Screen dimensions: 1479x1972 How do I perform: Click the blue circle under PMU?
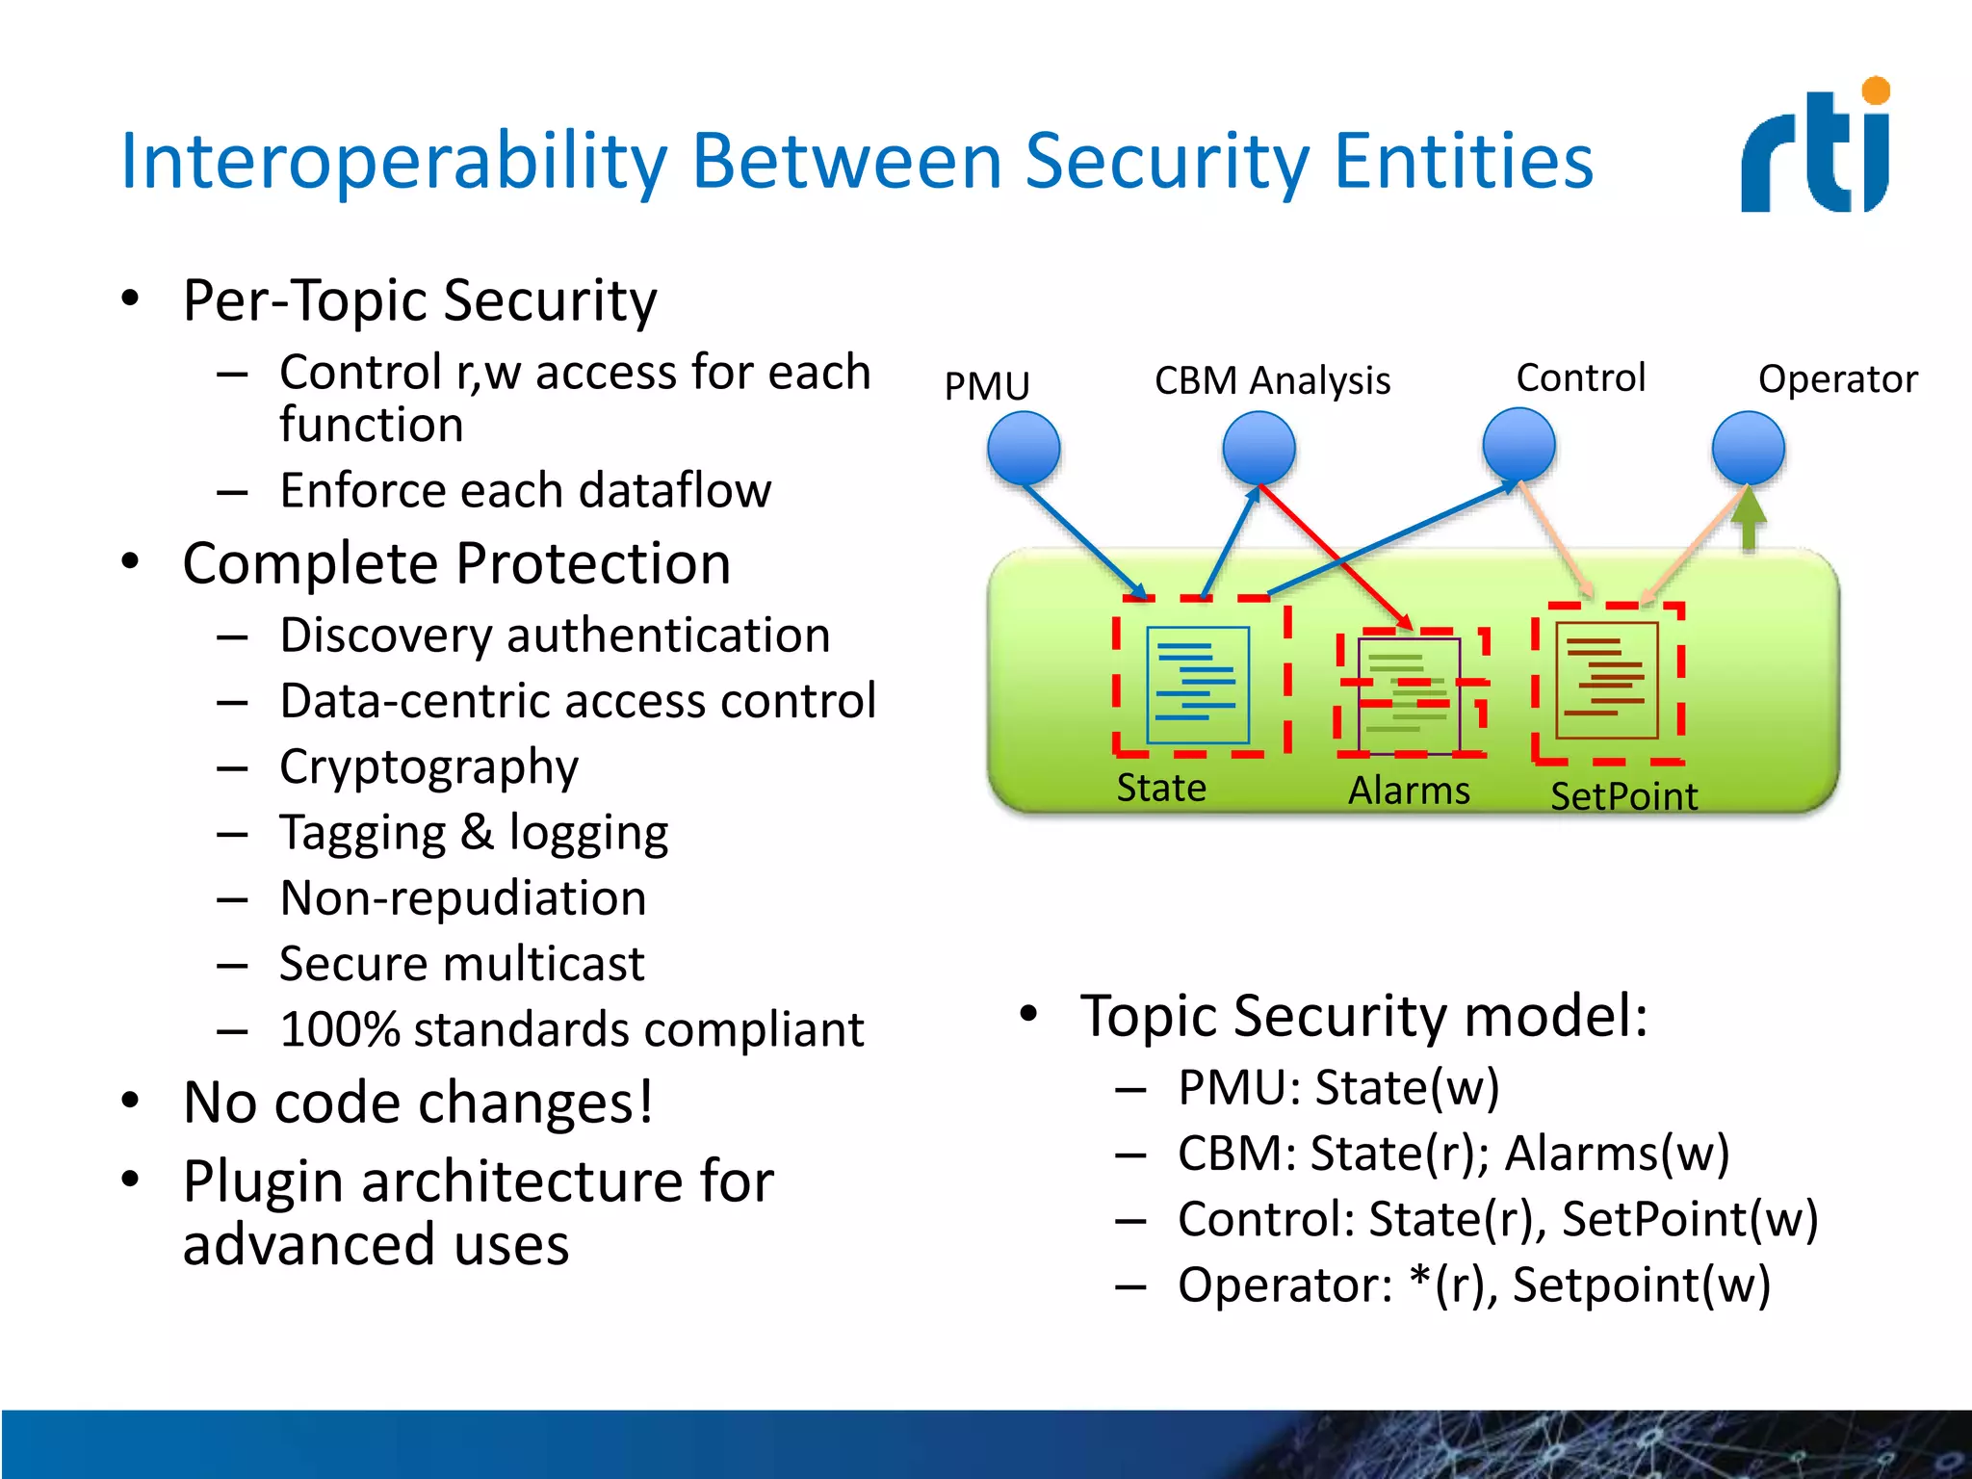tap(1024, 448)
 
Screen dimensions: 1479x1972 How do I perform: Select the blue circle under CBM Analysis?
tap(1258, 448)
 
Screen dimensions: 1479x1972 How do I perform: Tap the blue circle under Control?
tap(1518, 444)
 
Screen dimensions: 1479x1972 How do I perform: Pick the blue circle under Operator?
tap(1748, 448)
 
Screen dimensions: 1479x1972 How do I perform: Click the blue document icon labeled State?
tap(1198, 685)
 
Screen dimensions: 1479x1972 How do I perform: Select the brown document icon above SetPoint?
tap(1607, 680)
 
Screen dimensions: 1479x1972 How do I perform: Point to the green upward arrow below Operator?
tap(1749, 521)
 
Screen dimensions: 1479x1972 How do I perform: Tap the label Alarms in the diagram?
tap(1409, 791)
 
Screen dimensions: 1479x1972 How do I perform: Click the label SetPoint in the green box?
tap(1623, 796)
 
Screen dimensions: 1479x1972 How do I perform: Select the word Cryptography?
tap(428, 767)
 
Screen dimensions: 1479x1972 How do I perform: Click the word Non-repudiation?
tap(463, 897)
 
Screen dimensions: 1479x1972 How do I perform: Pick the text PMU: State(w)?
tap(1338, 1087)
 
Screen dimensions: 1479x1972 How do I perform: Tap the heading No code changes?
tap(418, 1102)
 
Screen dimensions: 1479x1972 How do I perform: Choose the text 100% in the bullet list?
tap(339, 1029)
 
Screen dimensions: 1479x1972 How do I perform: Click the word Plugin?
tap(263, 1181)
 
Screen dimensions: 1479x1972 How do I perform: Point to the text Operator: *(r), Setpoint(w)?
tap(1473, 1284)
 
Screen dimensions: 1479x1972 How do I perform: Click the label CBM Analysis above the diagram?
tap(1272, 380)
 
